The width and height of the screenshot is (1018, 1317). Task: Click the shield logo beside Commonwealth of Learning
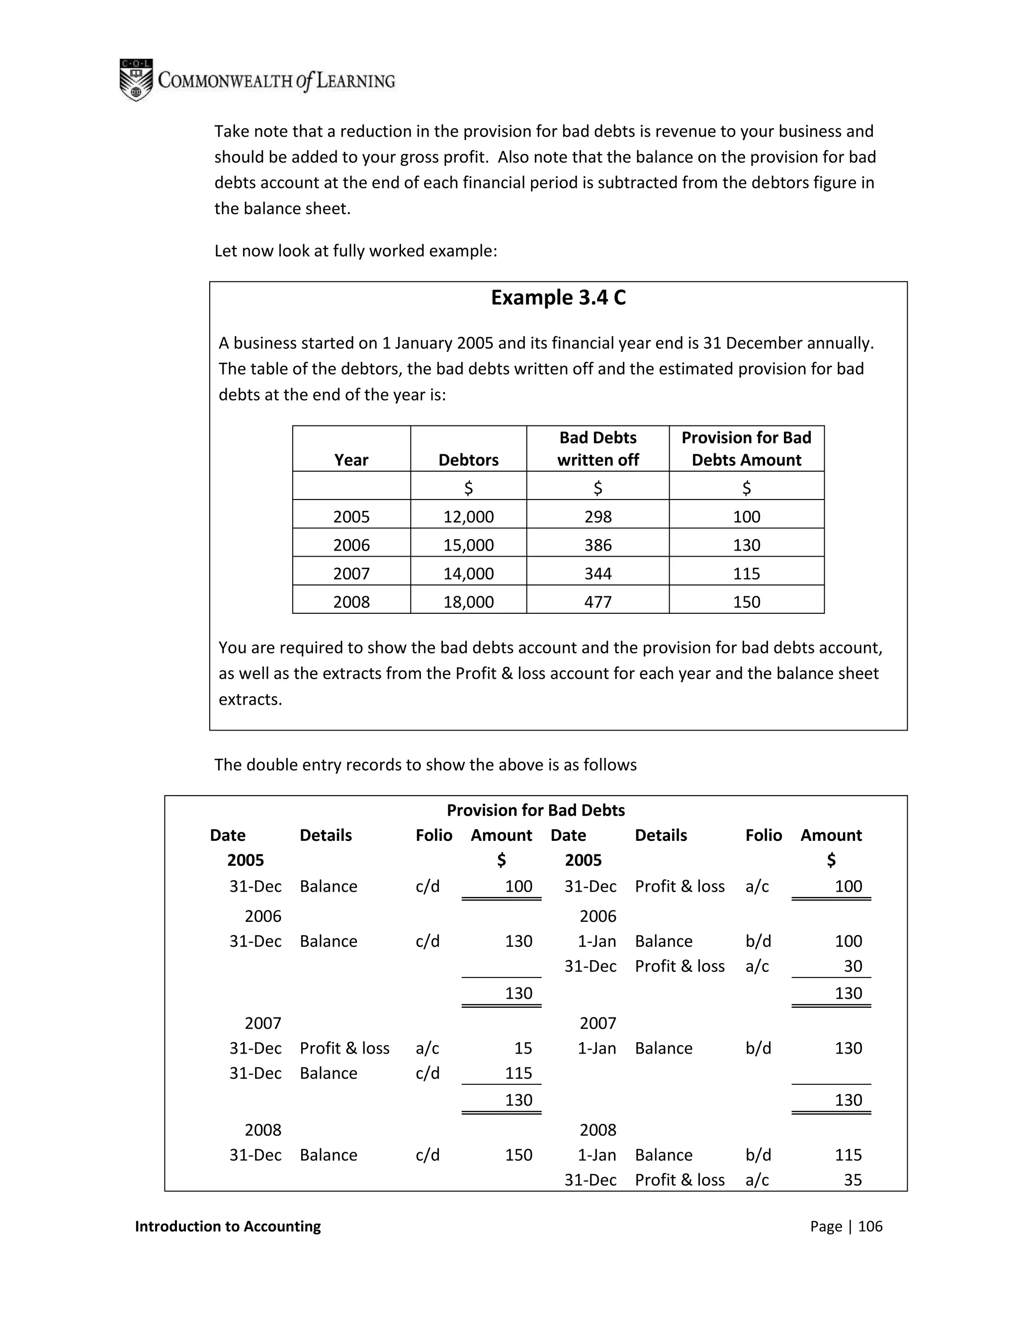[x=136, y=80]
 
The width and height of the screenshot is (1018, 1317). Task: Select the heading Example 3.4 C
[x=558, y=298]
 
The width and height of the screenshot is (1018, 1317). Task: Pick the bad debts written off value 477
[x=597, y=602]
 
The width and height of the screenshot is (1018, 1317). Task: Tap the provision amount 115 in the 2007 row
[x=746, y=574]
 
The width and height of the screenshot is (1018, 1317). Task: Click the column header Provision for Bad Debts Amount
[x=746, y=449]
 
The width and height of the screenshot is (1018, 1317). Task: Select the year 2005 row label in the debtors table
[x=351, y=517]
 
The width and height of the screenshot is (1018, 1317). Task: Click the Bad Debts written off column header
[x=597, y=449]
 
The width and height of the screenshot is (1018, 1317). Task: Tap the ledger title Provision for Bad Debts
[x=535, y=810]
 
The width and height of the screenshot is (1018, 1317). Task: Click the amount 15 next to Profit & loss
[x=522, y=1048]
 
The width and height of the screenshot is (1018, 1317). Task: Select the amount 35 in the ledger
[x=852, y=1179]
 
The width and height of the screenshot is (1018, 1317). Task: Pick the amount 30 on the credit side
[x=852, y=966]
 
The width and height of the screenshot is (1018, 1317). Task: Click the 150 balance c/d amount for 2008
[x=518, y=1155]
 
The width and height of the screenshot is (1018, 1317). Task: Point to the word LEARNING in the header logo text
[x=356, y=81]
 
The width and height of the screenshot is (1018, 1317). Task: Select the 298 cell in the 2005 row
[x=597, y=517]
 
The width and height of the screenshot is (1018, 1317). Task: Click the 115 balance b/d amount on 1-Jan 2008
[x=848, y=1155]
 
